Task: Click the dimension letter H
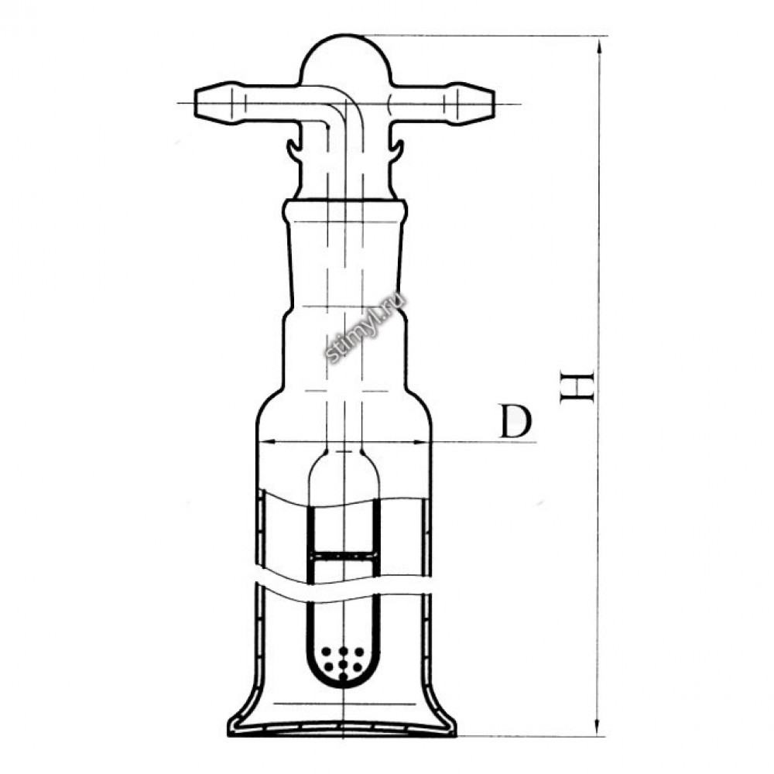[577, 388]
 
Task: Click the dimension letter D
[515, 421]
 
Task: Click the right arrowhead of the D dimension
[423, 441]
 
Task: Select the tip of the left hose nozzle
[196, 104]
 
